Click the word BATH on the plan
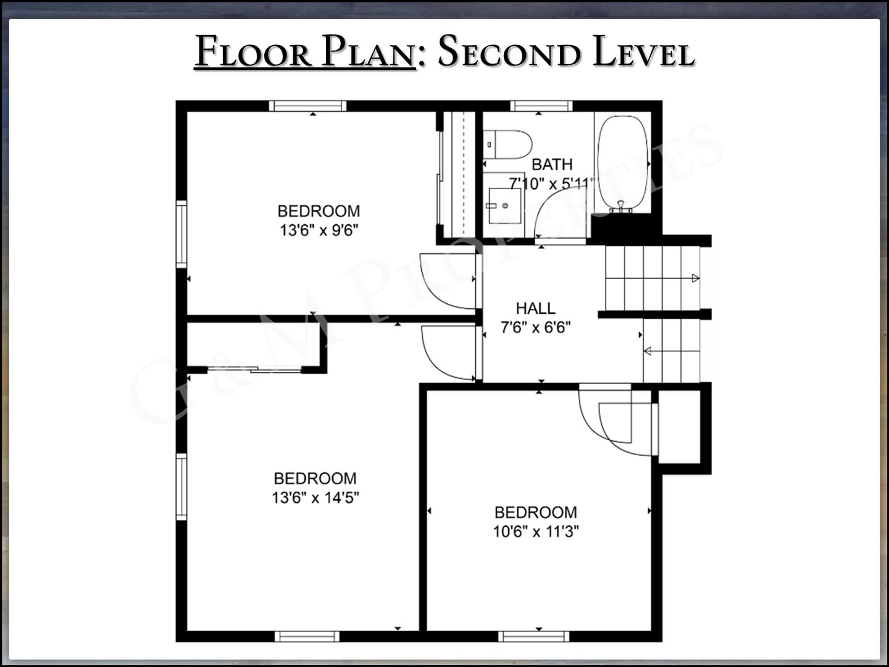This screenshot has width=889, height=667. click(x=552, y=164)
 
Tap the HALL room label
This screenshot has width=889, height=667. click(x=535, y=309)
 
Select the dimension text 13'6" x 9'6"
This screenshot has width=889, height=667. click(x=319, y=230)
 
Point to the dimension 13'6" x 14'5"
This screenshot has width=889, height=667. click(x=315, y=498)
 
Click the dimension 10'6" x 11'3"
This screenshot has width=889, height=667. click(x=536, y=531)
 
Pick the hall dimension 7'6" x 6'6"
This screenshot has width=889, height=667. click(x=536, y=327)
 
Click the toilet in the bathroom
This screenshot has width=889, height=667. click(x=507, y=145)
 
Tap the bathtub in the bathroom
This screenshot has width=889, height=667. click(x=623, y=163)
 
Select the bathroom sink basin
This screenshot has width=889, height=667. click(x=504, y=205)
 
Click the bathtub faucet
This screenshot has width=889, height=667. click(x=620, y=207)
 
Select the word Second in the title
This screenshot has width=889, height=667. click(x=510, y=51)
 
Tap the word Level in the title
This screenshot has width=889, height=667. click(x=644, y=51)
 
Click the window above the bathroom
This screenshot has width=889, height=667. click(x=541, y=106)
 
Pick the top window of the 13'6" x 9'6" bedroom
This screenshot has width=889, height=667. click(x=308, y=106)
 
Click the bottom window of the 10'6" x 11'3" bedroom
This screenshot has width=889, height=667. click(x=533, y=637)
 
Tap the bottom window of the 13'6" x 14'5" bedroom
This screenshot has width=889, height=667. click(x=307, y=637)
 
